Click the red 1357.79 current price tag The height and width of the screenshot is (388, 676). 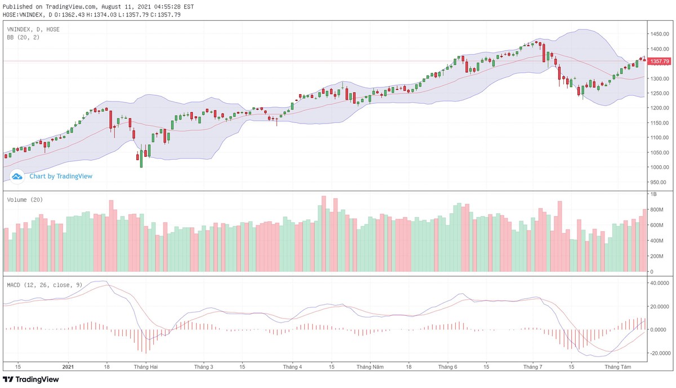click(659, 61)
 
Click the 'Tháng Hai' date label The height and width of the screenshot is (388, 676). click(145, 367)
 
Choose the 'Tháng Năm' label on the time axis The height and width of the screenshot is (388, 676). click(370, 367)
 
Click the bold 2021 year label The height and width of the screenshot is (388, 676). click(68, 367)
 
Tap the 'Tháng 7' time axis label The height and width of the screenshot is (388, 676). click(532, 367)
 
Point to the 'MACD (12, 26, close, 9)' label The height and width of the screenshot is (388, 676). click(45, 285)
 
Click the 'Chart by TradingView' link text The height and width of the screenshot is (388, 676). click(61, 177)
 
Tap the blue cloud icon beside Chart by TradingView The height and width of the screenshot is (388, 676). click(17, 177)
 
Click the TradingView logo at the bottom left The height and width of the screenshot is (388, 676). click(31, 380)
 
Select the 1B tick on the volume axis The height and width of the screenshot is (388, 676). click(653, 194)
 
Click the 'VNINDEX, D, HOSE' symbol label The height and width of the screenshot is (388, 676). click(33, 29)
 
